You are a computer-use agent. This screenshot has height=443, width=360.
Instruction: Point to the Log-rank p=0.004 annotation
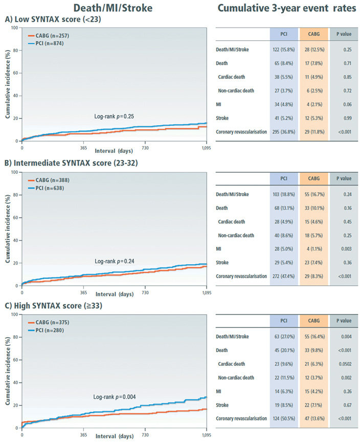115,396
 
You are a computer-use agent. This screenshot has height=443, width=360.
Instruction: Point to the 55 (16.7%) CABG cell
312,195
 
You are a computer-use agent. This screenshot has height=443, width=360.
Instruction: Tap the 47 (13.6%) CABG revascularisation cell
312,418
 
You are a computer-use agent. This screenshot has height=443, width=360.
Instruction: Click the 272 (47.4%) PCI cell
283,275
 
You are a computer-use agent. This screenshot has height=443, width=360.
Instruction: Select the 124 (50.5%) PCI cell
283,418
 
